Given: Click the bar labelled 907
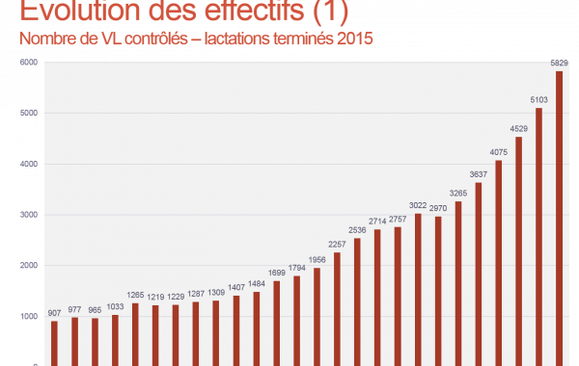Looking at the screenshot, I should (54, 343).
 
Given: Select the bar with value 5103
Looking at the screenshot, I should (539, 236).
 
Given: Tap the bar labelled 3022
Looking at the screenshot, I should (418, 289).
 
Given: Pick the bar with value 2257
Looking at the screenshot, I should (337, 308).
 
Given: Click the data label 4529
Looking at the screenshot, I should (519, 128).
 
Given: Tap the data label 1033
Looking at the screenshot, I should (115, 306).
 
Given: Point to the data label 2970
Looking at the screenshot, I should (438, 207).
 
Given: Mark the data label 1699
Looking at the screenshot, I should (276, 273).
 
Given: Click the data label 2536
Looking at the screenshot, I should (357, 229).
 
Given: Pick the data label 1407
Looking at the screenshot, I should (235, 287).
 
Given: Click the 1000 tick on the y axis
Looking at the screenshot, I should (29, 317).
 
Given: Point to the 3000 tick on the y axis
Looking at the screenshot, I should (29, 215).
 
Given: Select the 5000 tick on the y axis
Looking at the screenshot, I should (29, 114).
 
